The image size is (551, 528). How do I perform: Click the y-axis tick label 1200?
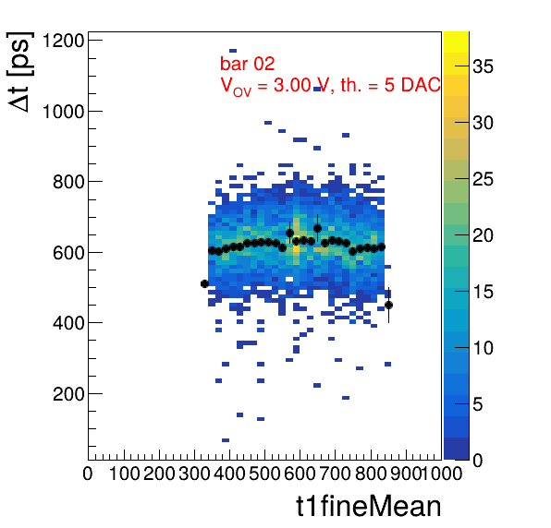pyautogui.click(x=63, y=41)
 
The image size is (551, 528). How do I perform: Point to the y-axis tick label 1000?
pyautogui.click(x=63, y=112)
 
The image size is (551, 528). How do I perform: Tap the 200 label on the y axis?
pyautogui.click(x=68, y=394)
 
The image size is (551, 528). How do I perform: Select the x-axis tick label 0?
pyautogui.click(x=88, y=474)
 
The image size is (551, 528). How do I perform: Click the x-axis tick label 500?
pyautogui.click(x=264, y=474)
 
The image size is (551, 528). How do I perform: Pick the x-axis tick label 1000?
pyautogui.click(x=441, y=474)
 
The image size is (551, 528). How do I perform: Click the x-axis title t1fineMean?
pyautogui.click(x=369, y=506)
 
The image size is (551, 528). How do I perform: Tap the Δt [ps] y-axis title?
pyautogui.click(x=20, y=72)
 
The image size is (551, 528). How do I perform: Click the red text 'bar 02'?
pyautogui.click(x=248, y=64)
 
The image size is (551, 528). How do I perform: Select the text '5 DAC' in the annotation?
pyautogui.click(x=412, y=85)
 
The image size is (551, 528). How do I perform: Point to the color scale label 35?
pyautogui.click(x=483, y=66)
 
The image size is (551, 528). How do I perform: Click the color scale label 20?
pyautogui.click(x=483, y=235)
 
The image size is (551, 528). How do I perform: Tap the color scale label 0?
pyautogui.click(x=478, y=461)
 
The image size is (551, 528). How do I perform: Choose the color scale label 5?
pyautogui.click(x=478, y=404)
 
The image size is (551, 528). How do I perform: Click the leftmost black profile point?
pyautogui.click(x=204, y=283)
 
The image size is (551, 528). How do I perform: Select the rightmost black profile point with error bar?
pyautogui.click(x=388, y=306)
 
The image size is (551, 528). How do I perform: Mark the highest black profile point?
pyautogui.click(x=318, y=228)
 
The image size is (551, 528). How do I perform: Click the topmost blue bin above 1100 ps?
pyautogui.click(x=233, y=51)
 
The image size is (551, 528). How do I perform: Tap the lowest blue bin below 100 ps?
pyautogui.click(x=226, y=440)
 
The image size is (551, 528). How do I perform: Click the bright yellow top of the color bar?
pyautogui.click(x=456, y=42)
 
